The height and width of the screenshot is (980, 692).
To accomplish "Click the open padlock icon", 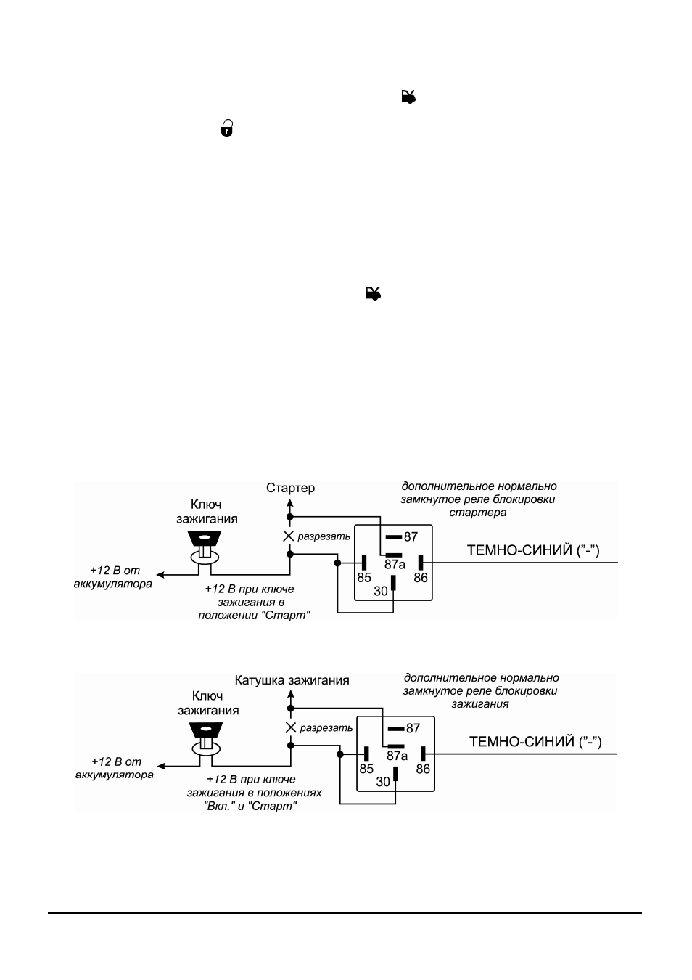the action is [x=226, y=128].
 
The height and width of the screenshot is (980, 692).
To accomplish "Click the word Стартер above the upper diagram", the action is [x=290, y=488].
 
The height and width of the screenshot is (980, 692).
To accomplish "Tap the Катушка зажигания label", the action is [x=292, y=680].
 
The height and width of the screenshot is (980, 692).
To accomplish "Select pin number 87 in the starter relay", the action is [x=411, y=536].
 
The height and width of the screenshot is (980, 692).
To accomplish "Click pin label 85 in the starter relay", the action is [x=363, y=578].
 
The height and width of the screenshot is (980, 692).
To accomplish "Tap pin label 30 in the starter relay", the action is [x=381, y=592].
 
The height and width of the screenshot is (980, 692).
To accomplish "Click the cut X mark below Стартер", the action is [x=289, y=536].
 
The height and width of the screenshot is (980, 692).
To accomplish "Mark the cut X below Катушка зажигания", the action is [x=291, y=727].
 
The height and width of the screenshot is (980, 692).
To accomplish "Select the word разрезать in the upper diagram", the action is [x=324, y=536].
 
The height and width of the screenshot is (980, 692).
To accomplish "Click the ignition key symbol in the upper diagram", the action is [x=205, y=547].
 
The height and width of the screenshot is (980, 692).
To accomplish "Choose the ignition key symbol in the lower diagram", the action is [x=206, y=739].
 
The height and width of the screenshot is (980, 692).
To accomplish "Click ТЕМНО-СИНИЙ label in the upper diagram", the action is [x=533, y=550].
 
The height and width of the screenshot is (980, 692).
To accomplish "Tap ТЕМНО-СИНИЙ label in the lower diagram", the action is [x=535, y=742].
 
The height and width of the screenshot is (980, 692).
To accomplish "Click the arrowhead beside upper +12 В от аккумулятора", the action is [x=161, y=575].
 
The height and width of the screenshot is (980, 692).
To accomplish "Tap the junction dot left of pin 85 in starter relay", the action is [x=337, y=563].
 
